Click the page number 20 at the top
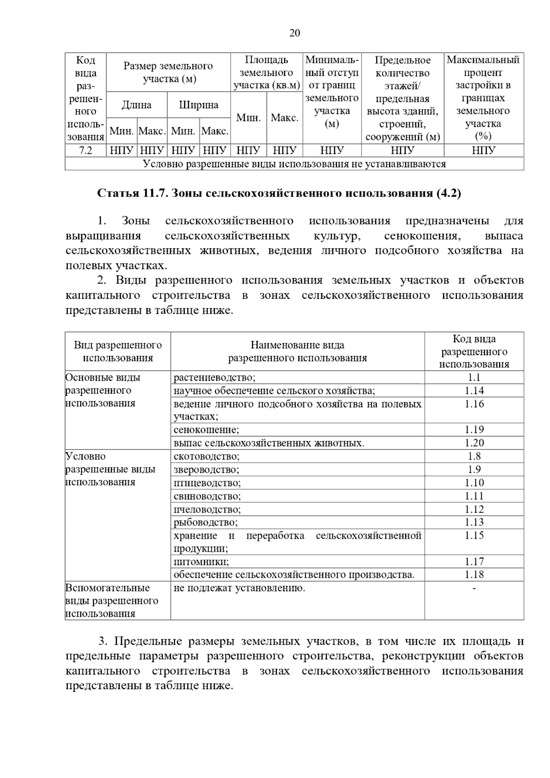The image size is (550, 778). (x=295, y=33)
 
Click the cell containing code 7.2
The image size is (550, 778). (x=86, y=150)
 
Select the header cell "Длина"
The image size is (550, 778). (x=137, y=105)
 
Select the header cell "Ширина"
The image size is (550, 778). (x=199, y=105)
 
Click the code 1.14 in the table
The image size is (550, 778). (x=474, y=390)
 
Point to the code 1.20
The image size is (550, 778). (x=474, y=443)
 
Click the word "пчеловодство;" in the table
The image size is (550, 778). (x=207, y=509)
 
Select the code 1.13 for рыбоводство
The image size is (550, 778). (x=474, y=522)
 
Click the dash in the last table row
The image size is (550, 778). (x=474, y=588)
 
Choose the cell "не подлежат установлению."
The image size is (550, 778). (x=239, y=588)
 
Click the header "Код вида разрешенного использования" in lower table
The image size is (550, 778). (x=474, y=351)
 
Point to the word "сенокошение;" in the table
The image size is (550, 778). (x=206, y=429)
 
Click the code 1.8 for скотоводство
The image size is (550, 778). (x=474, y=456)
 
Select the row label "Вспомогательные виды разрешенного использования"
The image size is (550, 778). (x=112, y=600)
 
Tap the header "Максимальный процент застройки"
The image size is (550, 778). (x=483, y=98)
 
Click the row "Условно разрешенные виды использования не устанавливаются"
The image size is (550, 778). (x=294, y=164)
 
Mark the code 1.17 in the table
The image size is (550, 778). (x=474, y=561)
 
